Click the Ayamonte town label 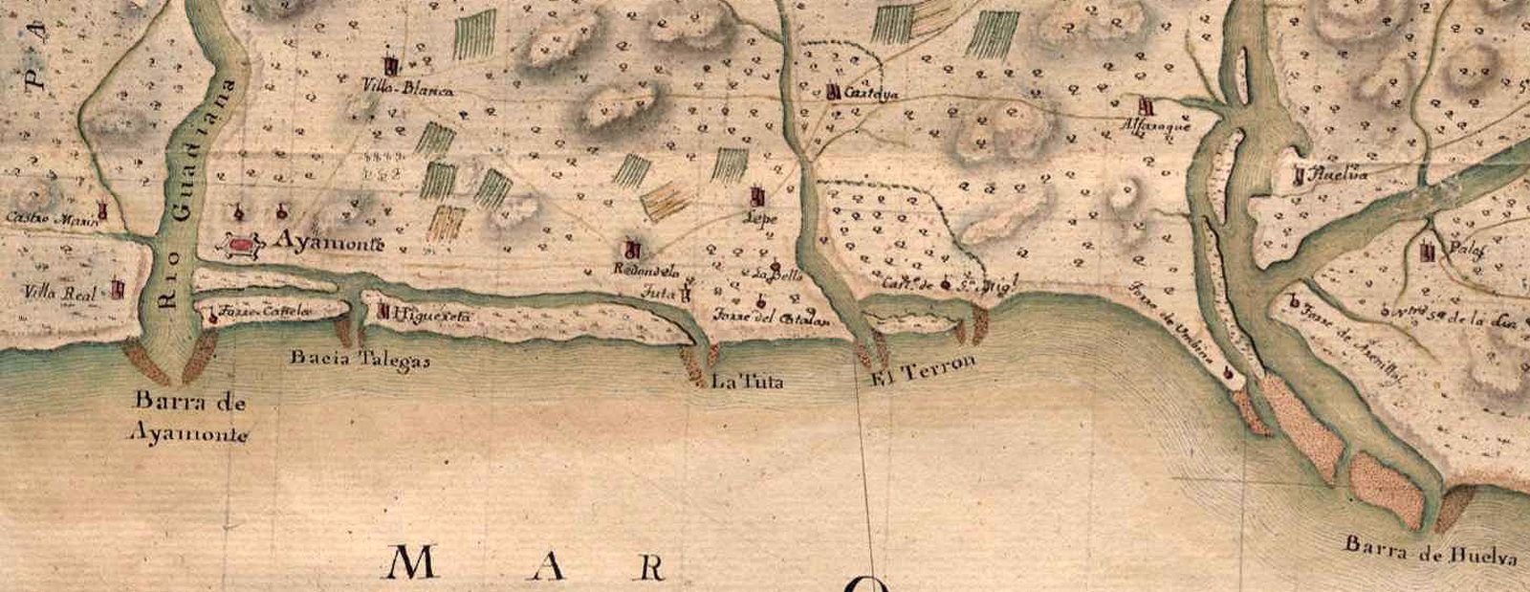point(329,244)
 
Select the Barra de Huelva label point(1432,551)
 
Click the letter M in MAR point(417,563)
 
